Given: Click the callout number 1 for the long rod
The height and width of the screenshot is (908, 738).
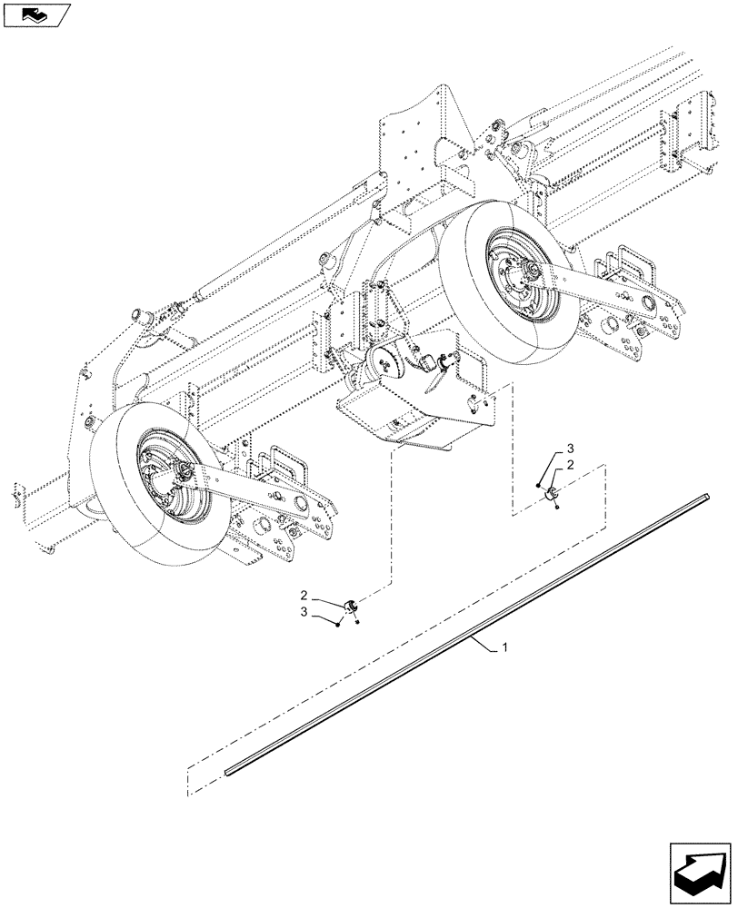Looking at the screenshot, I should tap(505, 648).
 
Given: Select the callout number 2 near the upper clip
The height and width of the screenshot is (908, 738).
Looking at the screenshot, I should tap(569, 465).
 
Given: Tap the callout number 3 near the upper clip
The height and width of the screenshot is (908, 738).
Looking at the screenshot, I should tap(569, 449).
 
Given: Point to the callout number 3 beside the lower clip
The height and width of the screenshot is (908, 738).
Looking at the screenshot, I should tap(306, 615).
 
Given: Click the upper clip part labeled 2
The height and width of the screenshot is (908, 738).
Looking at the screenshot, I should tap(551, 492).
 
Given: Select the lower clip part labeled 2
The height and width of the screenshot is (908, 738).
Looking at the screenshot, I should tap(350, 606).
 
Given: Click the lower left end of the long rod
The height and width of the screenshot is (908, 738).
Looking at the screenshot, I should tap(230, 770).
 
